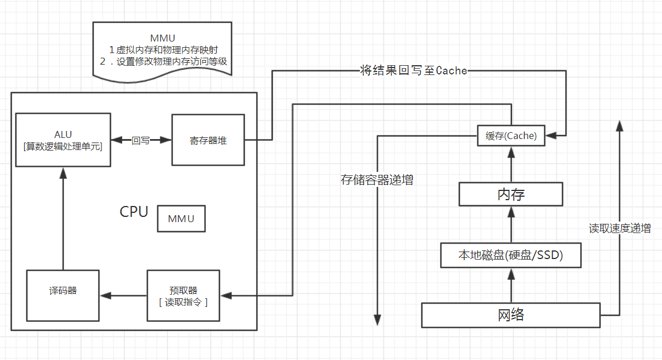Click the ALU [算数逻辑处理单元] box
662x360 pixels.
(63, 140)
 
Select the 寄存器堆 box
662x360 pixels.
(208, 140)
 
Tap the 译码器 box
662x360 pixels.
(63, 295)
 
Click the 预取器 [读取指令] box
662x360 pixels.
(183, 295)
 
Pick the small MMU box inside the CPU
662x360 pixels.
(181, 219)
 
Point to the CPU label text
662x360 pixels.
(134, 212)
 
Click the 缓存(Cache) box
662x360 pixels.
(511, 136)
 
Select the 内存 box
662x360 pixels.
(510, 194)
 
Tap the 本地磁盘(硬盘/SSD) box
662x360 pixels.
(510, 255)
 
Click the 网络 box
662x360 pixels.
(510, 315)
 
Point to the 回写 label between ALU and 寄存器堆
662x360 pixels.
(141, 140)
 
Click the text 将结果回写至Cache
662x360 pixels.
(413, 71)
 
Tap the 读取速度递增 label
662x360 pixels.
(619, 228)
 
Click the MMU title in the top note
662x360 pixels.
(163, 39)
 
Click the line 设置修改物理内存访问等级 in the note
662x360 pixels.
(167, 61)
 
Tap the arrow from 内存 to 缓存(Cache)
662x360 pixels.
(510, 164)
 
